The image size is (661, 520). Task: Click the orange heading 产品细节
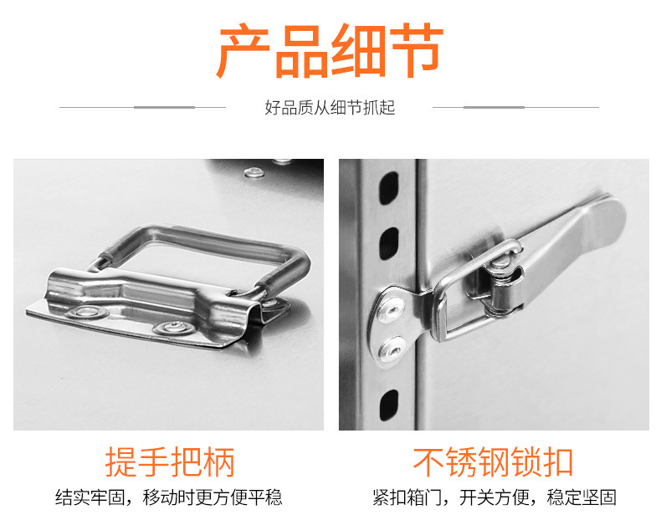(330, 51)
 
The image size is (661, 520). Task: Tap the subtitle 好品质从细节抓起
(330, 108)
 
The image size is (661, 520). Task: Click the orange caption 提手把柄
(170, 461)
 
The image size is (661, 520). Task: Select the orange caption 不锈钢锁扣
(493, 461)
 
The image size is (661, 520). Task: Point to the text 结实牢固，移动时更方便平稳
(169, 497)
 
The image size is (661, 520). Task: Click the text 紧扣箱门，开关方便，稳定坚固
(494, 497)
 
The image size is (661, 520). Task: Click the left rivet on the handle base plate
(86, 312)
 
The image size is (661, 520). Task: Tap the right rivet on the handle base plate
(173, 327)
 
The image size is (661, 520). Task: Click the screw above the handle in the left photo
(254, 171)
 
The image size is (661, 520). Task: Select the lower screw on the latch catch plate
(392, 349)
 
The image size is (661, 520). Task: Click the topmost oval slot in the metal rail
(389, 188)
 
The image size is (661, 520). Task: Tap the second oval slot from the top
(389, 243)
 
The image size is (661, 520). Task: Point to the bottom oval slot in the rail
(389, 405)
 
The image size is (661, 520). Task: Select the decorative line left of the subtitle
(142, 107)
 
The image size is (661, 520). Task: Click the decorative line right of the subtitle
(515, 107)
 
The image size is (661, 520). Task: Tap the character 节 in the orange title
(416, 51)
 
